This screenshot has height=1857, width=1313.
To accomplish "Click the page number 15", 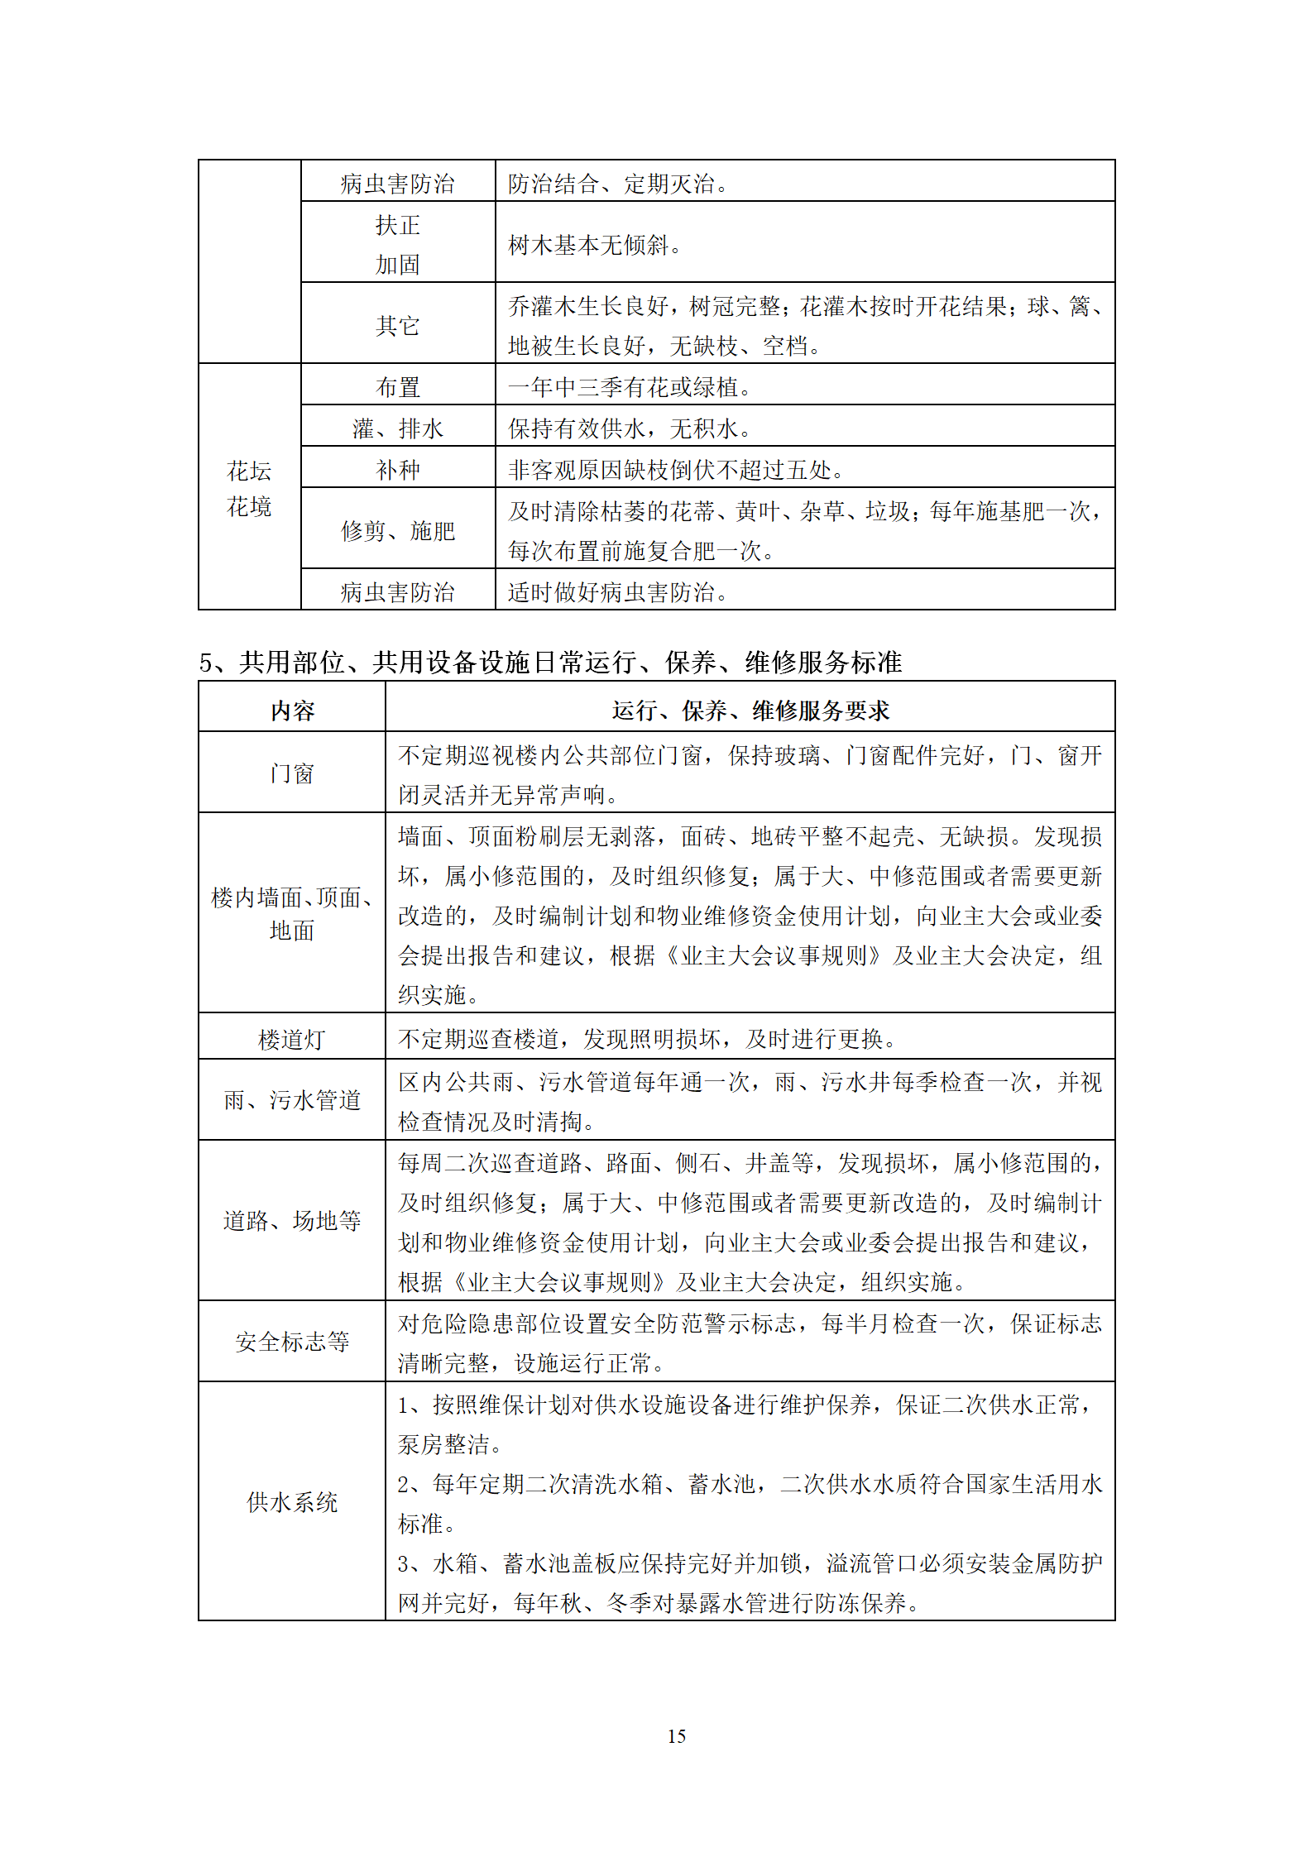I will point(676,1735).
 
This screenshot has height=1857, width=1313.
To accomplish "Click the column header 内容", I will point(292,711).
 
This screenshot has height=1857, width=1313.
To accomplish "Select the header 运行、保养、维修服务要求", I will point(750,711).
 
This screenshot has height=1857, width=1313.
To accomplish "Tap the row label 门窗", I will point(292,773).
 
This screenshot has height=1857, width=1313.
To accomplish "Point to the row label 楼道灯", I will point(292,1039).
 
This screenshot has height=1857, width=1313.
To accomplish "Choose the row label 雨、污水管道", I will point(292,1100).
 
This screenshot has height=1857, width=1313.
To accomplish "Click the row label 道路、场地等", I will point(292,1221).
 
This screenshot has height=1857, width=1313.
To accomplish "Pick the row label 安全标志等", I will point(292,1342).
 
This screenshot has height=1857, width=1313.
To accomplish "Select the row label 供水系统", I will point(292,1502).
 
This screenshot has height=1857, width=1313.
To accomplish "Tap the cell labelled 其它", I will point(398,325).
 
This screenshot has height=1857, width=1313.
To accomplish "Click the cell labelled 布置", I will point(398,387).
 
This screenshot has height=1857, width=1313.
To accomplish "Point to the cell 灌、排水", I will point(398,428).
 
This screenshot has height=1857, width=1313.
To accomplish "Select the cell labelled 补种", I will point(398,470).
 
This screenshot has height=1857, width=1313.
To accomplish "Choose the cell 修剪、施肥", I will point(398,531).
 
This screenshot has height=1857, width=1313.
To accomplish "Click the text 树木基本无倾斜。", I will point(596,245).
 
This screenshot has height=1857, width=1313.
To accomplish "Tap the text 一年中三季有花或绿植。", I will point(630,387).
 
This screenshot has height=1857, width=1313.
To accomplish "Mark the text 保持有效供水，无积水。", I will point(630,428).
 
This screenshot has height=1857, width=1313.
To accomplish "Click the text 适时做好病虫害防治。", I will point(618,592).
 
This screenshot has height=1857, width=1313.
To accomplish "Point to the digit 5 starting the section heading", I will point(206,663).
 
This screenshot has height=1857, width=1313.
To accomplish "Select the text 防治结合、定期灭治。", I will point(618,184).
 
